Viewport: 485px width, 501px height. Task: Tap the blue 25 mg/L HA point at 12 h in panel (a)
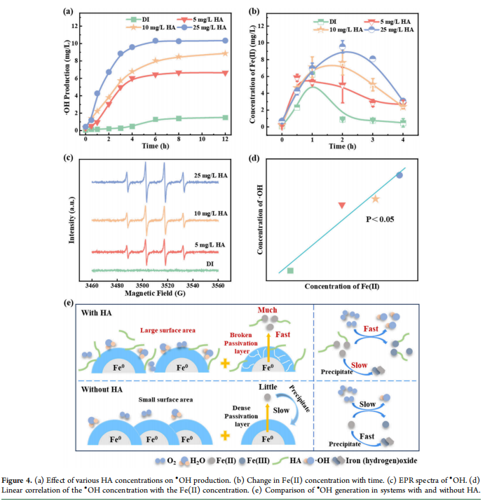[x=224, y=41]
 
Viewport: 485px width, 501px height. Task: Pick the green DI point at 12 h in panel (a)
[x=224, y=118]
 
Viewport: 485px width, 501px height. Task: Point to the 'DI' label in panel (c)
[x=210, y=263]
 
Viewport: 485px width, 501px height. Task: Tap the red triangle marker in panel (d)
[x=342, y=205]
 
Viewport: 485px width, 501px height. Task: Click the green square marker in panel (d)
[x=290, y=270]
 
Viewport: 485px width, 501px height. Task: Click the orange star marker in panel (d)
[x=375, y=199]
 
